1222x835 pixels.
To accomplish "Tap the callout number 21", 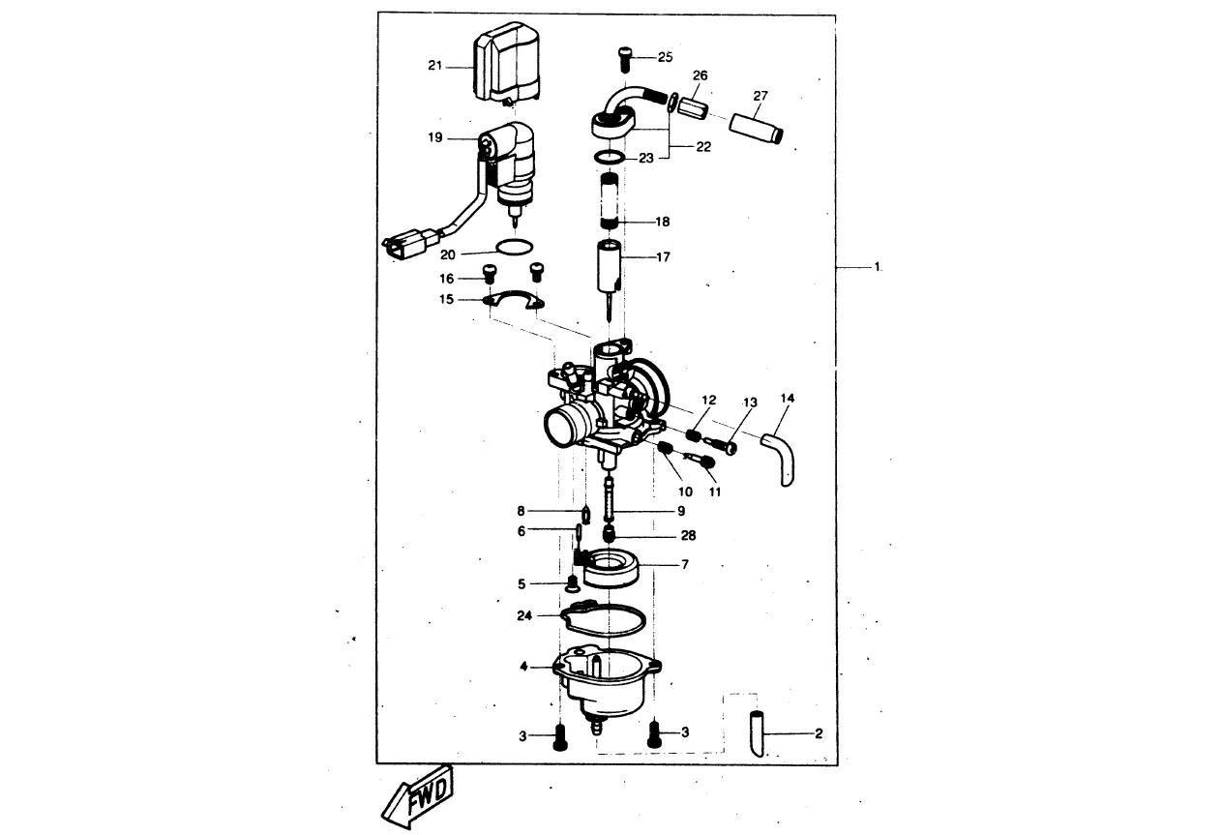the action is (x=434, y=66).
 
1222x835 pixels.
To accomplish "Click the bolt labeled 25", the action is (x=625, y=59).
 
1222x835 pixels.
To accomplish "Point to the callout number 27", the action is (x=760, y=96).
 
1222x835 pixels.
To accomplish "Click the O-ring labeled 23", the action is (x=609, y=158).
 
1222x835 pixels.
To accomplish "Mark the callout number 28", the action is (x=689, y=536).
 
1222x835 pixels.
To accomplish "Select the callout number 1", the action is (x=878, y=267).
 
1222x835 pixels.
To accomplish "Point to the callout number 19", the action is (x=434, y=137).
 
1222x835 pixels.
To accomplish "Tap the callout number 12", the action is (x=708, y=401).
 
